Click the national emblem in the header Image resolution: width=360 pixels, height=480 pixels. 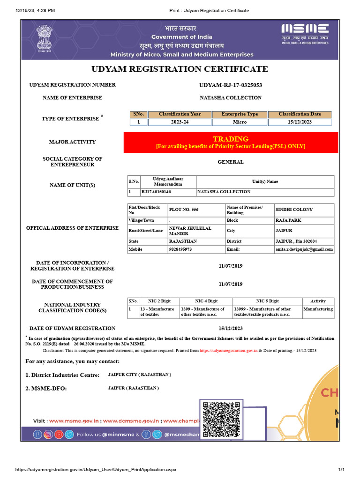45,41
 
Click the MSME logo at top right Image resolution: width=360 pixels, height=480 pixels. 305,33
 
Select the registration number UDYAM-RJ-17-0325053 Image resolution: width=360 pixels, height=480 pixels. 231,85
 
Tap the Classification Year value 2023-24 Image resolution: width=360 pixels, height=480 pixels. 180,122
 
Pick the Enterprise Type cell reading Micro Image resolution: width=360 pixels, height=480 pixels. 240,122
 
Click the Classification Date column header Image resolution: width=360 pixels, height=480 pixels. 300,114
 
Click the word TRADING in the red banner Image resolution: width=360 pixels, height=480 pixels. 231,139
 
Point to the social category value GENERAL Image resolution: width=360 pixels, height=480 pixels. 231,162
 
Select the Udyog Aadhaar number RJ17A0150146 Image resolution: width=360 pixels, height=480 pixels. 156,192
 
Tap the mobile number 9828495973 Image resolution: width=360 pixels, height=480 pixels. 180,249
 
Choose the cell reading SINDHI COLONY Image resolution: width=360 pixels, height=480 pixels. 294,210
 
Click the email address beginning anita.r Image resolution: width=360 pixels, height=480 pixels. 304,250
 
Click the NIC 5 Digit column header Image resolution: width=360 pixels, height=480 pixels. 267,301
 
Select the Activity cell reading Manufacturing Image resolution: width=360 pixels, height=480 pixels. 318,309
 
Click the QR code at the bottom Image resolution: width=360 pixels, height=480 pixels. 220,418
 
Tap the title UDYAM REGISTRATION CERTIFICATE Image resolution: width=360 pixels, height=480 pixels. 180,69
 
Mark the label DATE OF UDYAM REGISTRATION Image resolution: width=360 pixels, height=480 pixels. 72,329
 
